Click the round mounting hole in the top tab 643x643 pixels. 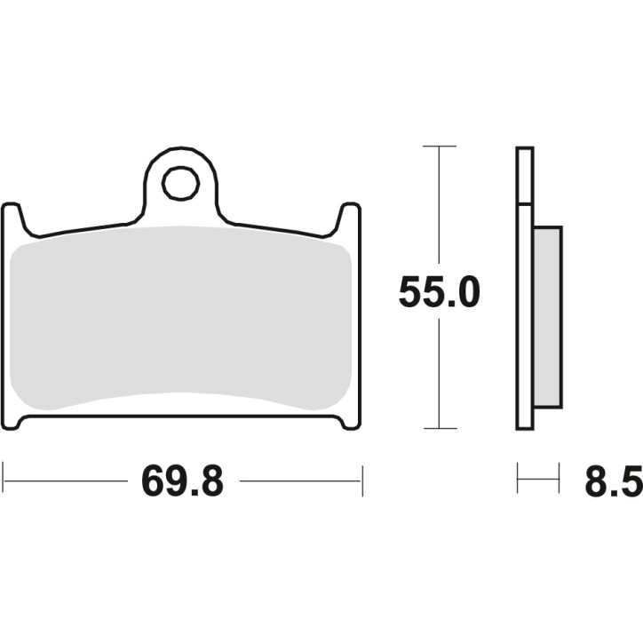(x=180, y=184)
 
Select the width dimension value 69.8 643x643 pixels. (x=183, y=482)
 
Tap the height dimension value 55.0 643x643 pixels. (x=439, y=293)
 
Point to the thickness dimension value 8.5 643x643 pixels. (x=613, y=482)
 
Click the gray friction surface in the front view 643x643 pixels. (x=182, y=320)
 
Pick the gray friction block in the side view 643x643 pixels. (x=547, y=317)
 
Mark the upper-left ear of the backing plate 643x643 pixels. (x=12, y=218)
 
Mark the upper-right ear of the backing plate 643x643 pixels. (x=350, y=218)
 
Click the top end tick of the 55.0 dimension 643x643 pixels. (x=439, y=146)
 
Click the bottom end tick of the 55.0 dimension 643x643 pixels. (x=439, y=428)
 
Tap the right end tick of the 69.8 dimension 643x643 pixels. (x=361, y=480)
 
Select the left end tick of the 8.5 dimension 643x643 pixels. (x=518, y=480)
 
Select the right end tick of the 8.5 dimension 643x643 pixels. (x=559, y=480)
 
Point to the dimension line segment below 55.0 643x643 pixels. (x=439, y=373)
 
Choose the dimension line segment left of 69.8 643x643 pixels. (x=67, y=481)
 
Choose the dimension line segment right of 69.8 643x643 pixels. (x=300, y=481)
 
